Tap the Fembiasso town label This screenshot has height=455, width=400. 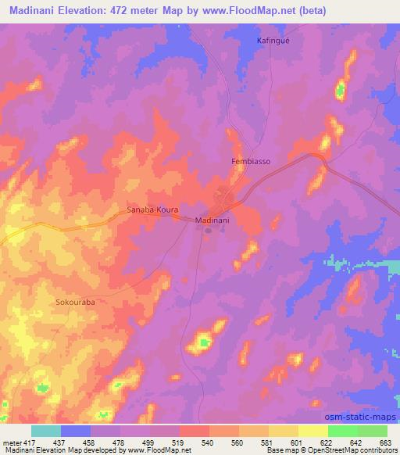pos(251,162)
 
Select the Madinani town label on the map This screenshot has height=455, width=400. pos(211,221)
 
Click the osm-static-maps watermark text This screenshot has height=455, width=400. pos(365,415)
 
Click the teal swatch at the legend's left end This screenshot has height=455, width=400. pos(46,430)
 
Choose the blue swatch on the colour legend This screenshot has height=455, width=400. pos(76,430)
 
